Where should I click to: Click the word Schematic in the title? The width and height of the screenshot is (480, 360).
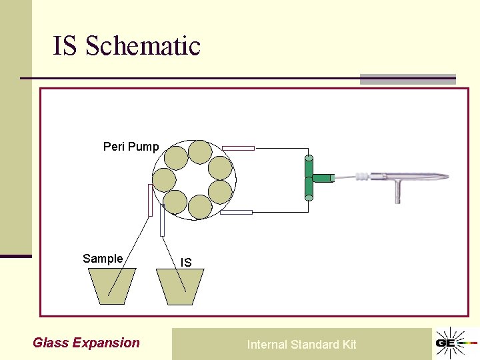pyautogui.click(x=143, y=46)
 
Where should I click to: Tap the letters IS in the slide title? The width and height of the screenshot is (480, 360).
pyautogui.click(x=65, y=46)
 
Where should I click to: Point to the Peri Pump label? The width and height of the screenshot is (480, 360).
pyautogui.click(x=131, y=147)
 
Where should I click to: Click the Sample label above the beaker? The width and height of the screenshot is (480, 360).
pyautogui.click(x=103, y=259)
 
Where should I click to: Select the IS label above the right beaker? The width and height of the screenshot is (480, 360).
pyautogui.click(x=186, y=263)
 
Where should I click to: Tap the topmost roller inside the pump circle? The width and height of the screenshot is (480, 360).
pyautogui.click(x=199, y=152)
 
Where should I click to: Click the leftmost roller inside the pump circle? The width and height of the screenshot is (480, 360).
pyautogui.click(x=164, y=180)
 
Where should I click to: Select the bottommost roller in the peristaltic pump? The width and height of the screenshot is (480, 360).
pyautogui.click(x=199, y=207)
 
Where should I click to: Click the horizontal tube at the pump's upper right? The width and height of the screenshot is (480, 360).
pyautogui.click(x=238, y=148)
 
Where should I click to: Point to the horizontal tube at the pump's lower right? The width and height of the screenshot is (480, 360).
pyautogui.click(x=237, y=212)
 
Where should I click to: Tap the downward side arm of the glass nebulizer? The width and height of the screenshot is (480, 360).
pyautogui.click(x=398, y=194)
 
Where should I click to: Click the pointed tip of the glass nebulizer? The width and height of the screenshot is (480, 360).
pyautogui.click(x=445, y=177)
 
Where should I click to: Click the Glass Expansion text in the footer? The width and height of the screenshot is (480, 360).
pyautogui.click(x=86, y=343)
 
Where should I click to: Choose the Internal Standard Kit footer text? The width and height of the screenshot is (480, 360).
pyautogui.click(x=301, y=345)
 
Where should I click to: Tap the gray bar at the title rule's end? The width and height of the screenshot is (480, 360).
pyautogui.click(x=407, y=79)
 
